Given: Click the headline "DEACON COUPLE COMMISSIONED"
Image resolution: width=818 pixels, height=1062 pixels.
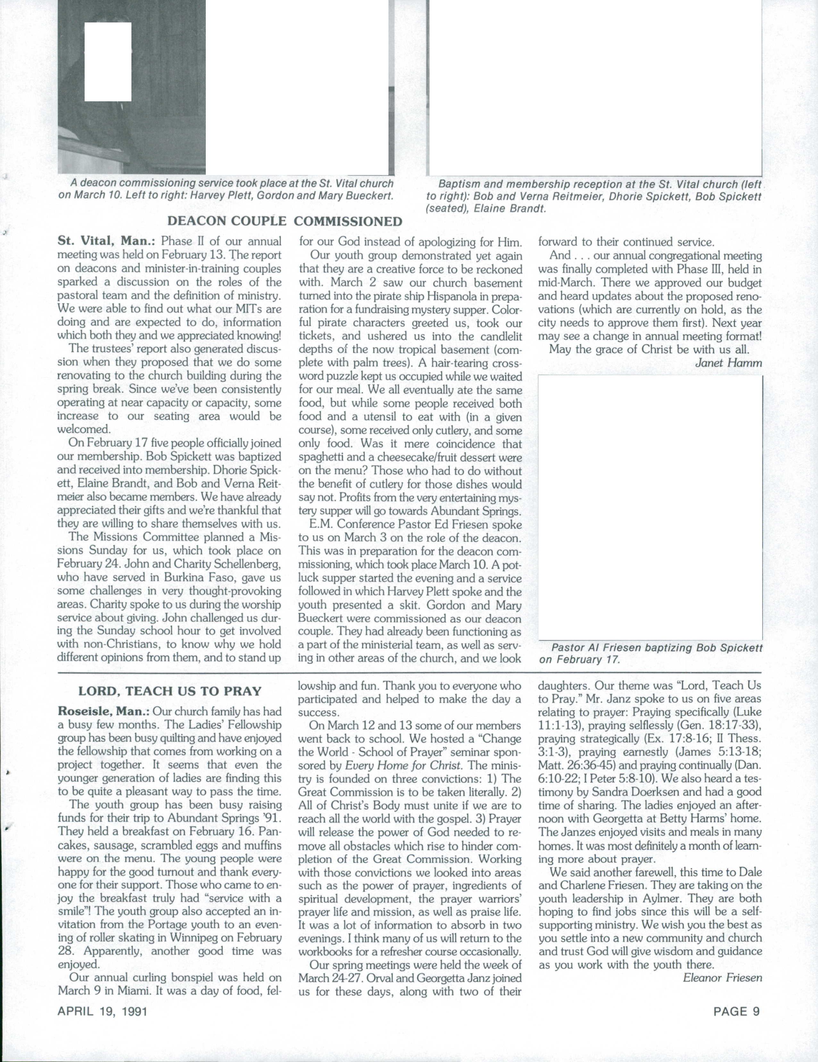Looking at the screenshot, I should click(285, 222).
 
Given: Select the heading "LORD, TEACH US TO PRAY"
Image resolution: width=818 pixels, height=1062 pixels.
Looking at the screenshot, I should click(170, 691).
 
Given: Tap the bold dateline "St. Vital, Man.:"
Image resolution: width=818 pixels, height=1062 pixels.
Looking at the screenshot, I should click(106, 242).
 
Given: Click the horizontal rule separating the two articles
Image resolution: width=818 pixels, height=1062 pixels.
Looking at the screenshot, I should click(409, 672).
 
